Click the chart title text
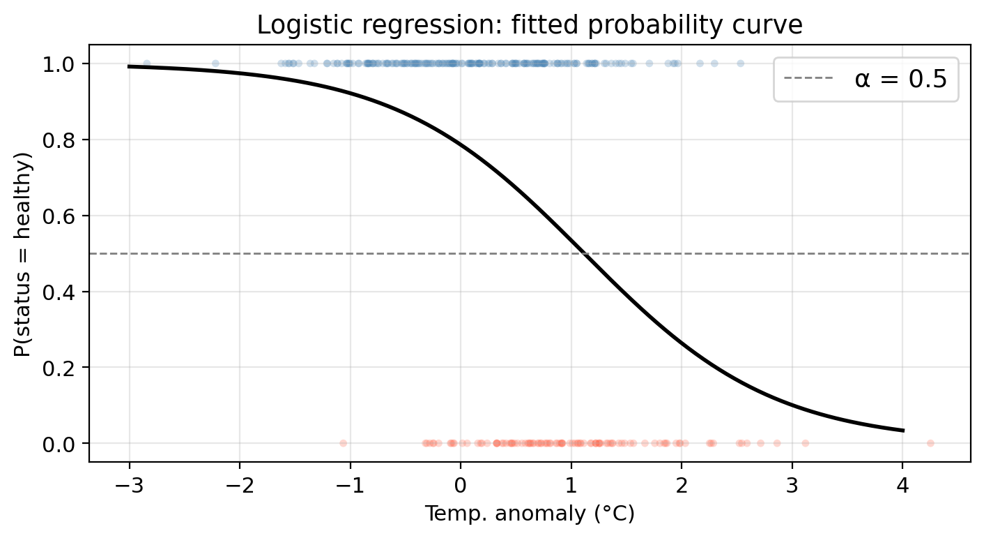point(530,25)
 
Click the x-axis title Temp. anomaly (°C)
point(530,514)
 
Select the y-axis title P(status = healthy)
point(23,253)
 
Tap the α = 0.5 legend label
point(900,80)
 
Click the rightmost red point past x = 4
point(930,443)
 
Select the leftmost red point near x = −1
point(343,443)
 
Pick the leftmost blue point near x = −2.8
point(146,63)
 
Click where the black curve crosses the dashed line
point(584,253)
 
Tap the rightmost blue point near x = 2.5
point(740,63)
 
